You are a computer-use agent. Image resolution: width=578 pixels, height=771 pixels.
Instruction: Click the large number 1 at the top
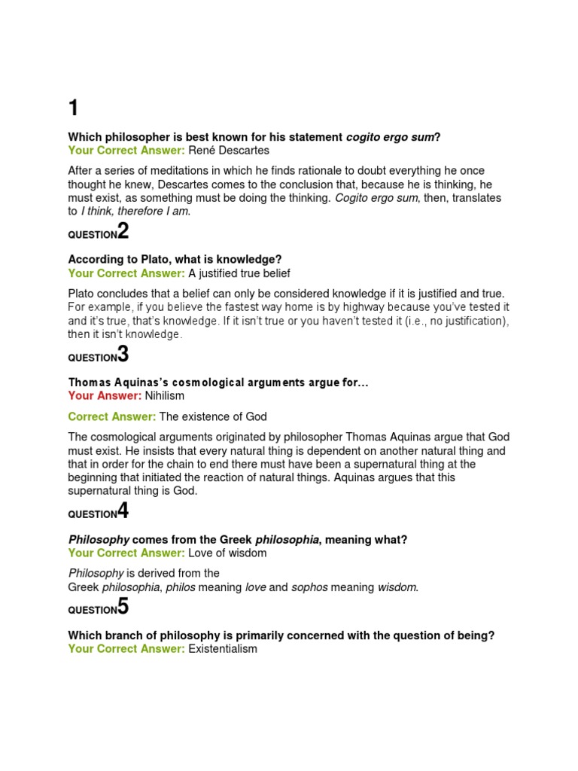73,108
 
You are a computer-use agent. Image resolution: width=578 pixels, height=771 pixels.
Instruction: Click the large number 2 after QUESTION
123,231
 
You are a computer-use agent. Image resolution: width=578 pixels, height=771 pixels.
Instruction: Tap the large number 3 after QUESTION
123,354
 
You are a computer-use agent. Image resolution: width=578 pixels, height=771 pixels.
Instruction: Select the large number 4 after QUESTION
123,511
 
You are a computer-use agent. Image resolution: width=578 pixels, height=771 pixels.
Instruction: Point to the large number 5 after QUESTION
123,607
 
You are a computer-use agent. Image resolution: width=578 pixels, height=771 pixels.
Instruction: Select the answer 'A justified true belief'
239,273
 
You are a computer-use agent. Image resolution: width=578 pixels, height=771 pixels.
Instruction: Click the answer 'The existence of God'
213,416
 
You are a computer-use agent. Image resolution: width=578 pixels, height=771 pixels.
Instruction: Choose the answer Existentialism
223,648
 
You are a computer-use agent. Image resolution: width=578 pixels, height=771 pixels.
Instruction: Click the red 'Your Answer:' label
105,395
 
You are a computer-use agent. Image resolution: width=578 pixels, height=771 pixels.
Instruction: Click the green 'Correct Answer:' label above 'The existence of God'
112,416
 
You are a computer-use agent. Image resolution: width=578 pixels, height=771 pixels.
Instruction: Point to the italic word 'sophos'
309,587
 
